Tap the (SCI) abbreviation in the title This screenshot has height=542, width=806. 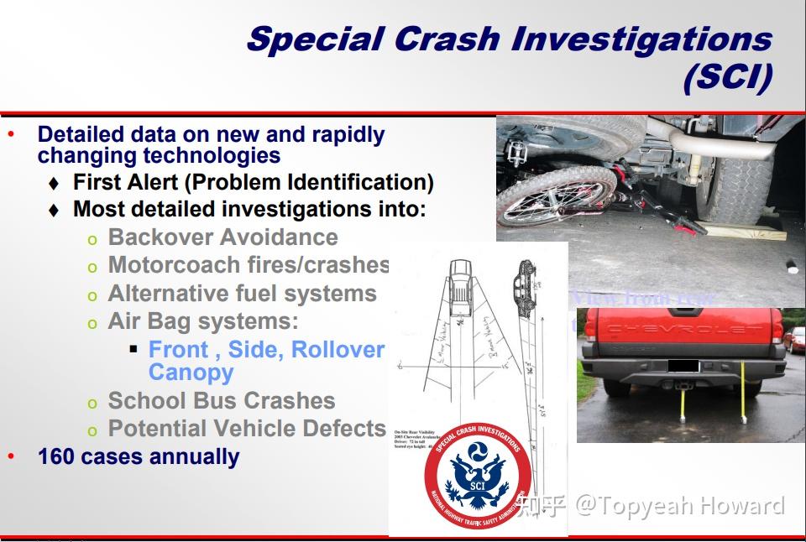point(726,79)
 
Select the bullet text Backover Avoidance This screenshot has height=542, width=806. point(222,237)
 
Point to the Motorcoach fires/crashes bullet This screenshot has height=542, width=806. point(249,265)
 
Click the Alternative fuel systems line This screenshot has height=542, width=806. point(242,294)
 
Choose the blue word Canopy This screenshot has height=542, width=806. point(191,373)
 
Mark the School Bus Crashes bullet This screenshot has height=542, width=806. point(221,400)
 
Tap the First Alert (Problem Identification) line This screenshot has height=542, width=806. point(253,182)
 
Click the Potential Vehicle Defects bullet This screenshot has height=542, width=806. point(247,428)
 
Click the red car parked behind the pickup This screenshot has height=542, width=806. point(794,339)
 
